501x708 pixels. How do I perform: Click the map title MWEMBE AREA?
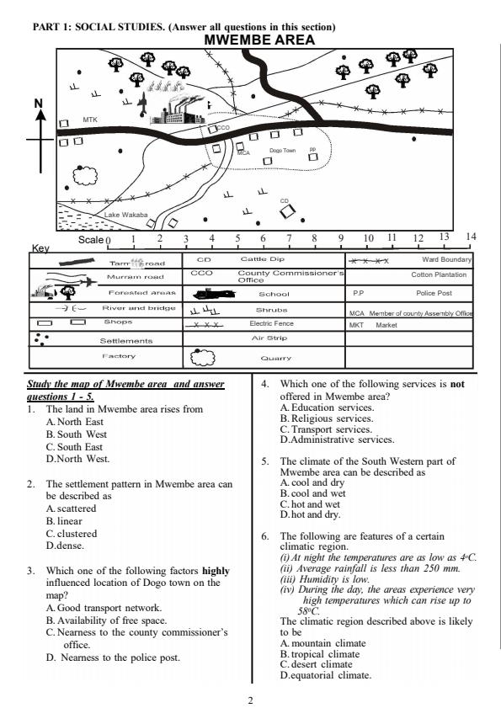[x=248, y=39]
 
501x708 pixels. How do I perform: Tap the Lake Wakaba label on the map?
[x=125, y=216]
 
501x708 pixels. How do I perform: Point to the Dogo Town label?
[x=282, y=151]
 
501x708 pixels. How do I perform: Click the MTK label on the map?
[x=90, y=120]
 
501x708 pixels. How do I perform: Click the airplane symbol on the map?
[x=142, y=103]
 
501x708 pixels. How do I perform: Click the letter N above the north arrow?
[x=37, y=103]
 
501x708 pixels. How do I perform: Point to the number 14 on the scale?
[x=471, y=237]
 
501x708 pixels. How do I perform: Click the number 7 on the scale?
[x=288, y=238]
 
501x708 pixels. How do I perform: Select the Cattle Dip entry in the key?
[x=262, y=259]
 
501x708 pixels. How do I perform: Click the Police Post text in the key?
[x=434, y=293]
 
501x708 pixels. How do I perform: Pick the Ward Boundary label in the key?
[x=446, y=259]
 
